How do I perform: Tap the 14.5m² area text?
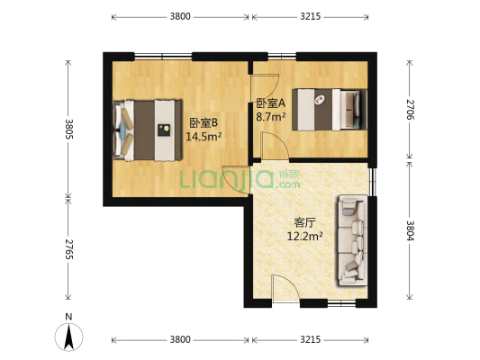[x=204, y=137]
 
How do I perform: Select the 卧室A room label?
[x=270, y=103]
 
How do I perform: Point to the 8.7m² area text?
[x=270, y=116]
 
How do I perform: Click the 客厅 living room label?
[x=304, y=222]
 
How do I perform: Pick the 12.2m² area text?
[x=304, y=237]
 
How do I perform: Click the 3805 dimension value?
[x=68, y=129]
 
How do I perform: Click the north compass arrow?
[x=68, y=336]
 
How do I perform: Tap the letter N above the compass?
[x=68, y=316]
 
